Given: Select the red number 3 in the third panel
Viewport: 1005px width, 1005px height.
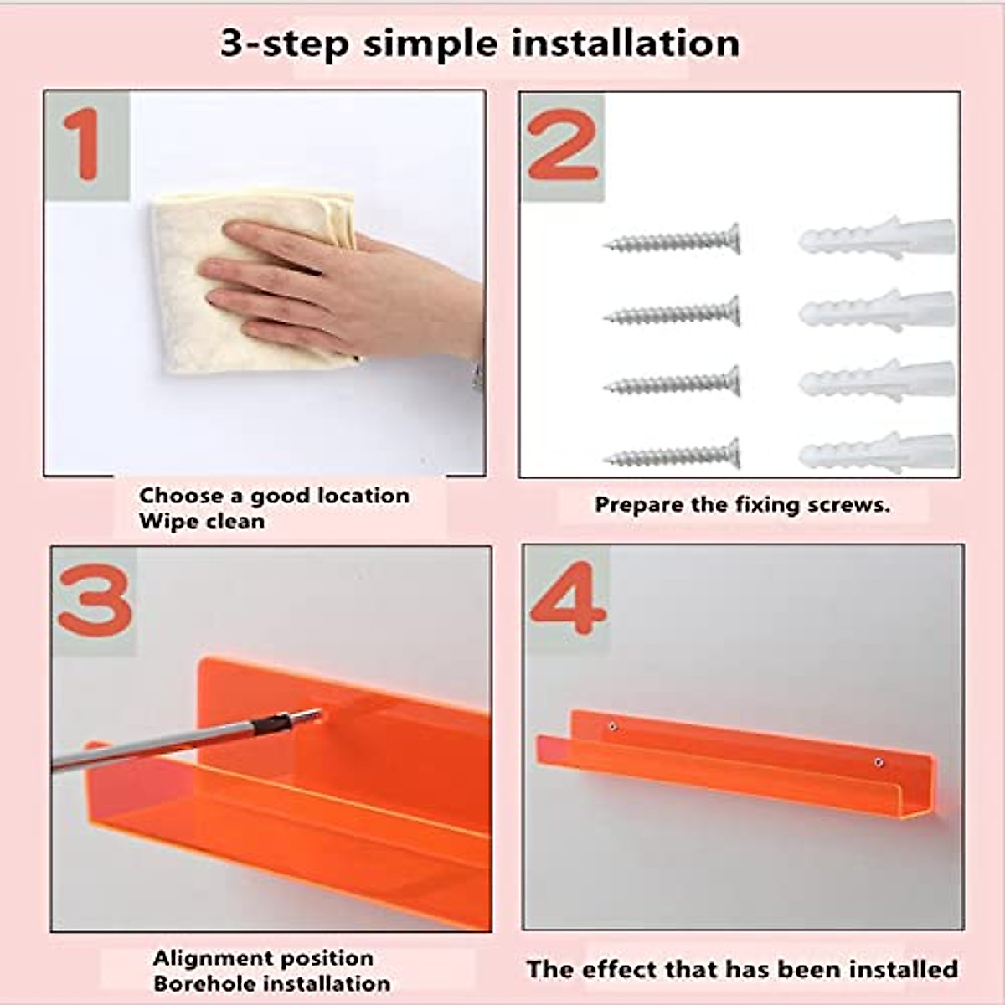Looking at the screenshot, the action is coord(95,600).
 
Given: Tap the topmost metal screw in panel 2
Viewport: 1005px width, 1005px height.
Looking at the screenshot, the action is coord(672,239).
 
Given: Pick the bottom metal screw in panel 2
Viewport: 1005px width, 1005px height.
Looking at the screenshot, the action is coord(672,454).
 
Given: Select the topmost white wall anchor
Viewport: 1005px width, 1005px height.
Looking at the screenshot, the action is coord(877,237).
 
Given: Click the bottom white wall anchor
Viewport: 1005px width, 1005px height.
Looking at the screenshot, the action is coord(877,453).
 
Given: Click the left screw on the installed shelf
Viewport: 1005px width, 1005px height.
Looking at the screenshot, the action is coord(613,726).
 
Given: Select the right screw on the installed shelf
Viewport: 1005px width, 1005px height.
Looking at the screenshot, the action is coord(879,763).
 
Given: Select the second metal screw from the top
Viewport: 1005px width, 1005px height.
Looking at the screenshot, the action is coord(672,312).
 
